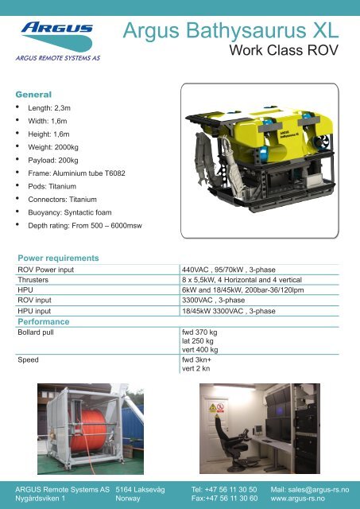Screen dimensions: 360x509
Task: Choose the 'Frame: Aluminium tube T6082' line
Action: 79,174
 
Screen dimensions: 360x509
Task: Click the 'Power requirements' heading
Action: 58,258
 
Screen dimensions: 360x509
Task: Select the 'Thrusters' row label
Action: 37,281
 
